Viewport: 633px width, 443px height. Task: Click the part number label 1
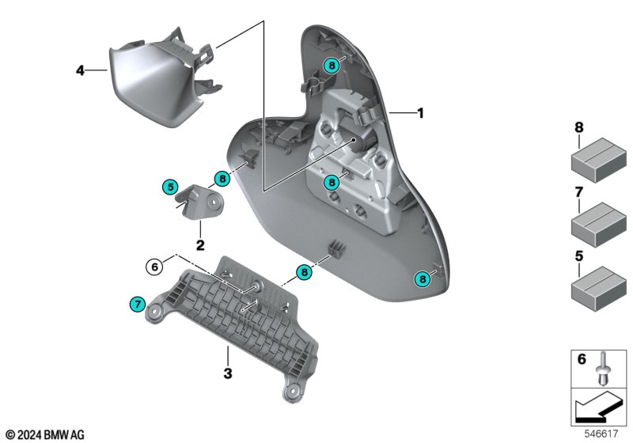[420, 113]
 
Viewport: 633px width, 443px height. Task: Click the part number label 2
[200, 245]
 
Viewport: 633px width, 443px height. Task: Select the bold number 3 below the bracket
[226, 373]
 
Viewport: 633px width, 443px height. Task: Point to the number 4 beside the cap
[80, 71]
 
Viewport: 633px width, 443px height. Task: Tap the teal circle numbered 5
[169, 187]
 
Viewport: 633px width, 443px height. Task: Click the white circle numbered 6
[154, 267]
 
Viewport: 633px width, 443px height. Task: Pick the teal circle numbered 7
[137, 303]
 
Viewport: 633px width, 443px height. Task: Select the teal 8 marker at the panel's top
[332, 66]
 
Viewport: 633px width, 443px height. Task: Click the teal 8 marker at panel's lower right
[424, 278]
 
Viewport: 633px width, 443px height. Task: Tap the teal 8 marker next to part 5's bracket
[222, 179]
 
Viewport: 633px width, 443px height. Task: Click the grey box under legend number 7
[598, 222]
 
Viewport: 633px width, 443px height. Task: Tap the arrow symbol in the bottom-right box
[599, 410]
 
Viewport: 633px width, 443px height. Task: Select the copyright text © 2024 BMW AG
[44, 434]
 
